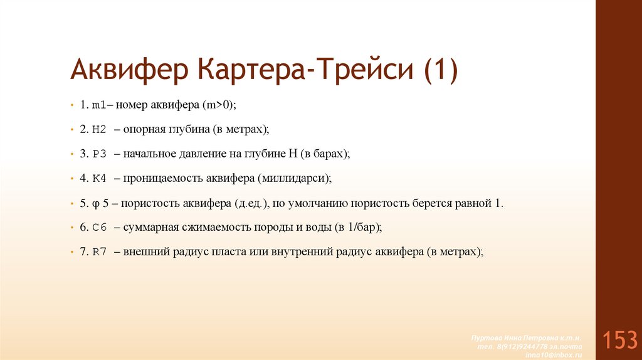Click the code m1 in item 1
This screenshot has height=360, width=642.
coord(99,105)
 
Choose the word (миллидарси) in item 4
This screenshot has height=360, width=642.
coord(293,179)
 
